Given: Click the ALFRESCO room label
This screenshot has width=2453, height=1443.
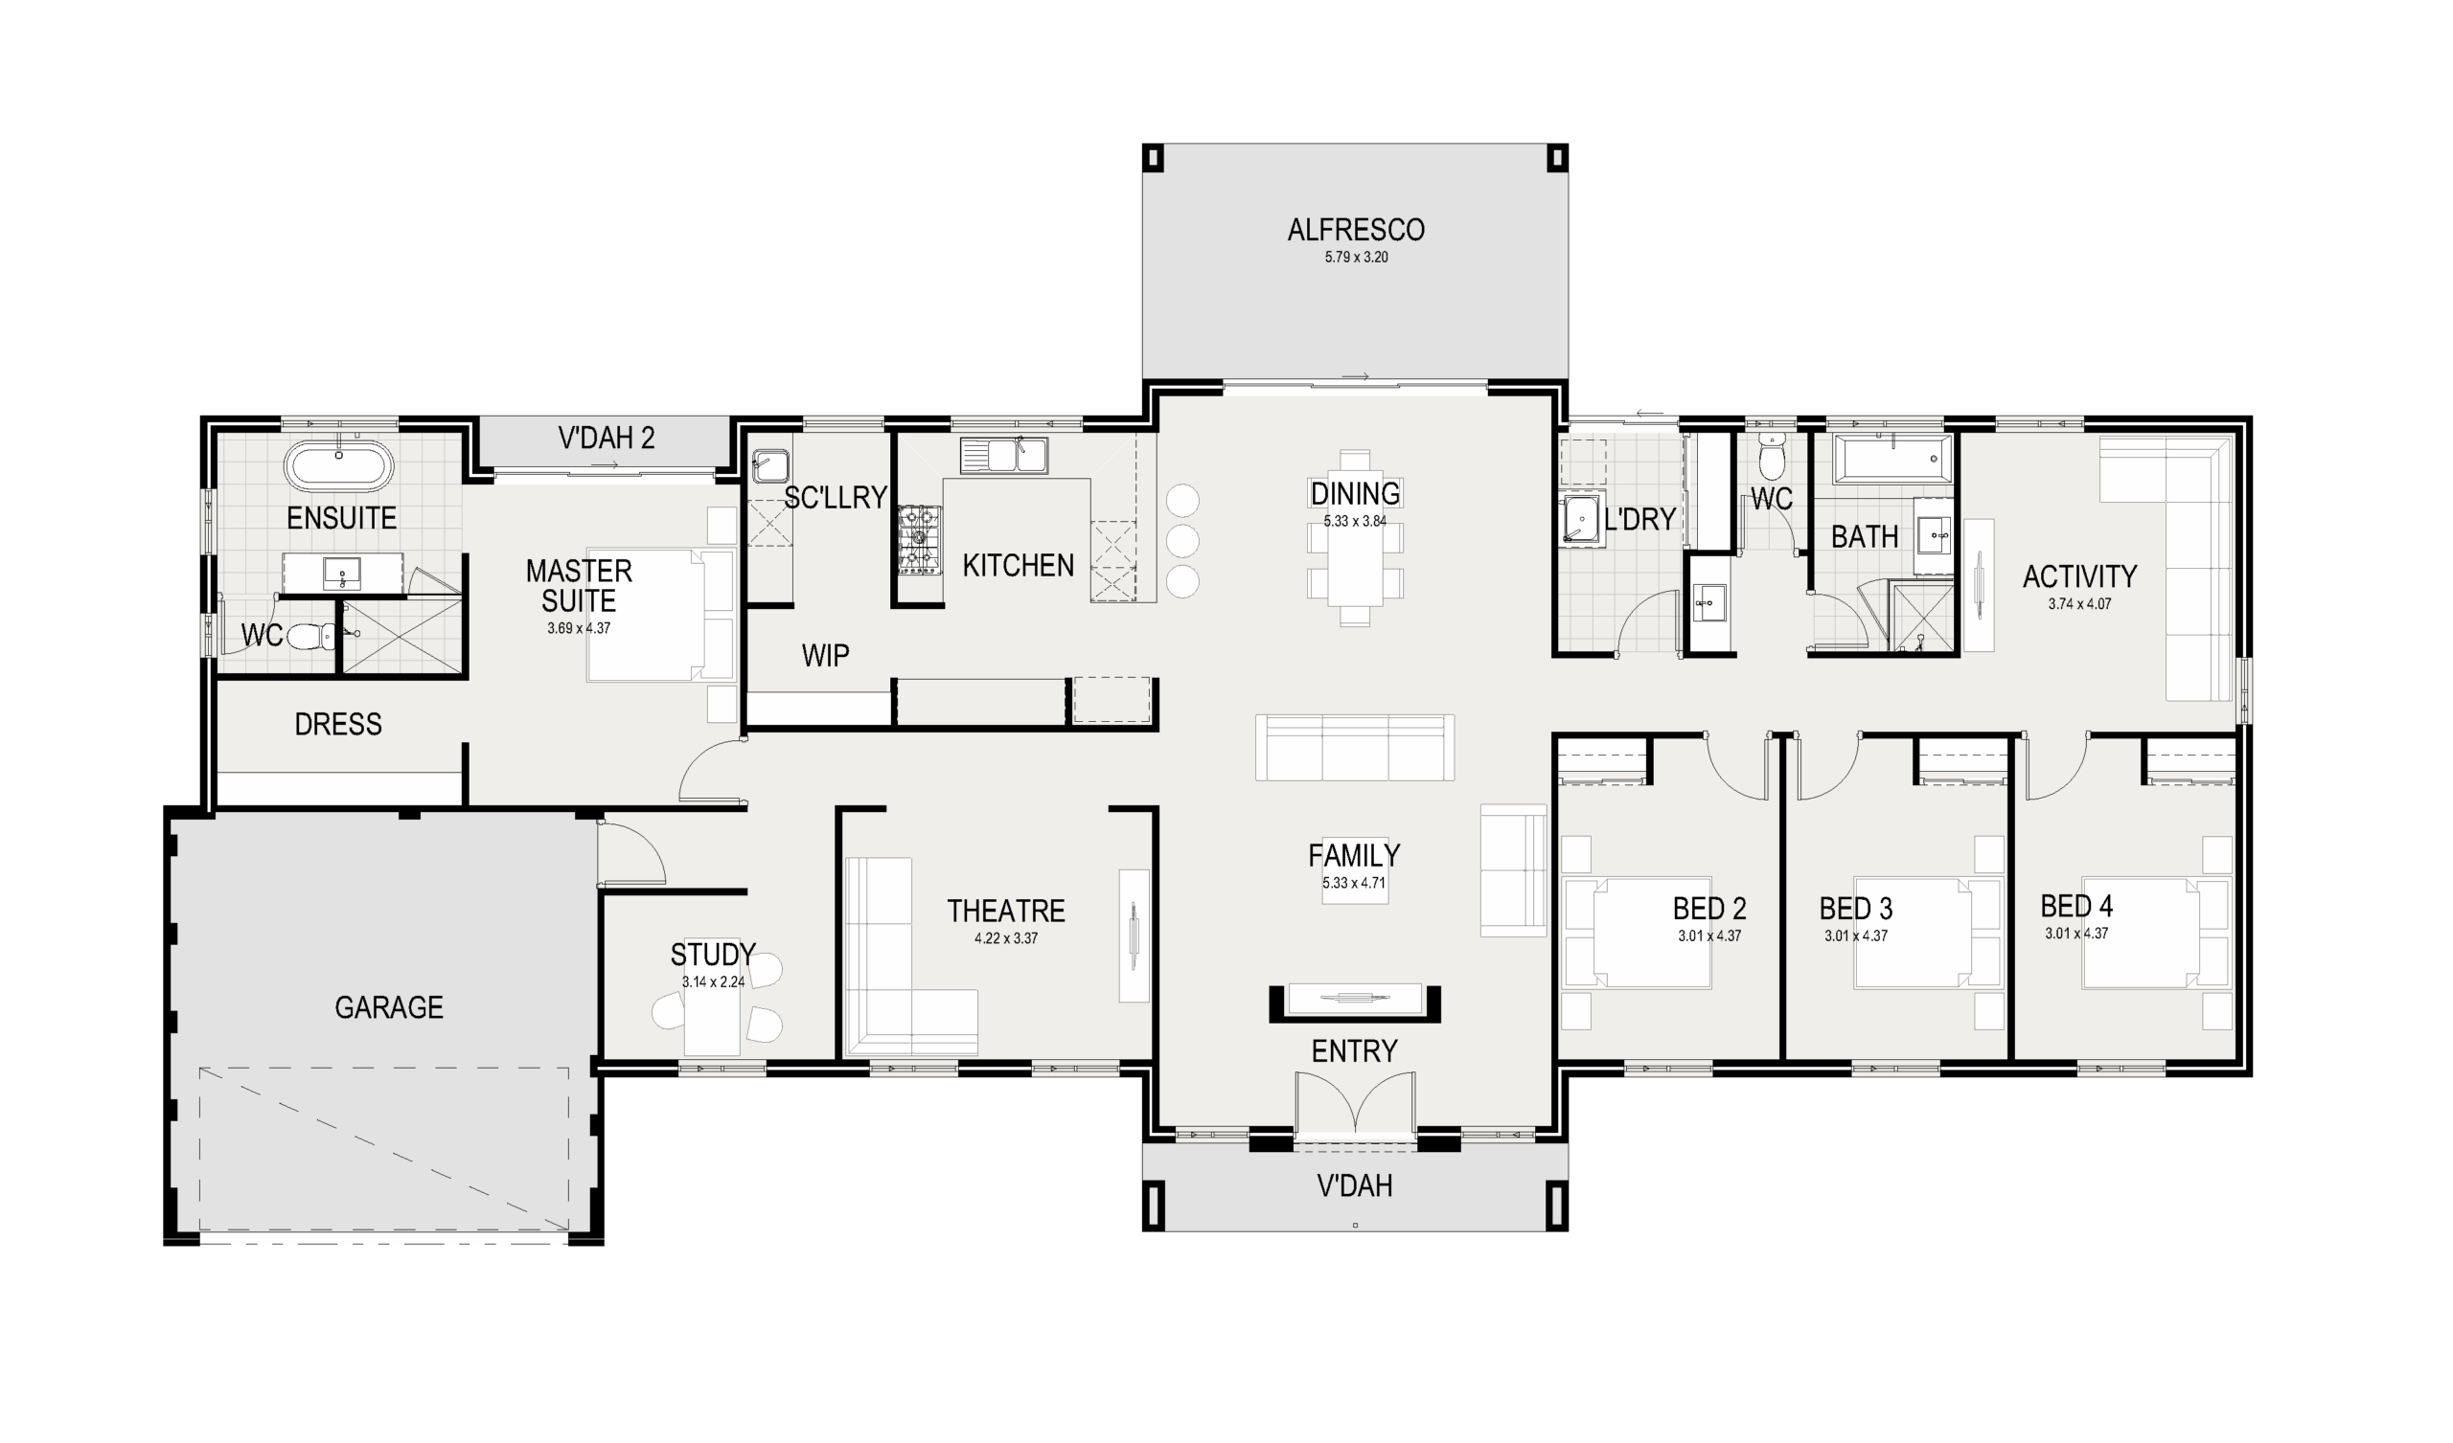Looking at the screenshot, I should pyautogui.click(x=1355, y=231).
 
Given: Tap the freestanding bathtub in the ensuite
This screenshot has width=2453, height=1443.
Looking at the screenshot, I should pyautogui.click(x=339, y=467).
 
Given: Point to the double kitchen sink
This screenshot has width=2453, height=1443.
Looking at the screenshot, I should pyautogui.click(x=1002, y=456).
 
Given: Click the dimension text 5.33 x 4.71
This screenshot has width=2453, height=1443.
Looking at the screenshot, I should pyautogui.click(x=1353, y=884).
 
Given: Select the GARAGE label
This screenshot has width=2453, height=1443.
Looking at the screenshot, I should pyautogui.click(x=388, y=1007).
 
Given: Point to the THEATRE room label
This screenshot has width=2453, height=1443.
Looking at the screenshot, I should pyautogui.click(x=1005, y=911).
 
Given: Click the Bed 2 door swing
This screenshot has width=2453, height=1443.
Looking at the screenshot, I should pyautogui.click(x=1737, y=769).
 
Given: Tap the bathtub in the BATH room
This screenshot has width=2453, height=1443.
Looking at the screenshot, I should pyautogui.click(x=1891, y=460).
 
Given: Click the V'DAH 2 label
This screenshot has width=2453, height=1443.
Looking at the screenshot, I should pyautogui.click(x=606, y=439).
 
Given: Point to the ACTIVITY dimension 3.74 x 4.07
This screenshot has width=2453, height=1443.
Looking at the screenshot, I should pyautogui.click(x=2079, y=604).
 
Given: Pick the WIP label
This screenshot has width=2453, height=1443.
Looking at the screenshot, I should pyautogui.click(x=824, y=656).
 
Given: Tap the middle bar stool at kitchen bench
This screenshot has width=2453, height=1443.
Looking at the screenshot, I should pyautogui.click(x=1181, y=540).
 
